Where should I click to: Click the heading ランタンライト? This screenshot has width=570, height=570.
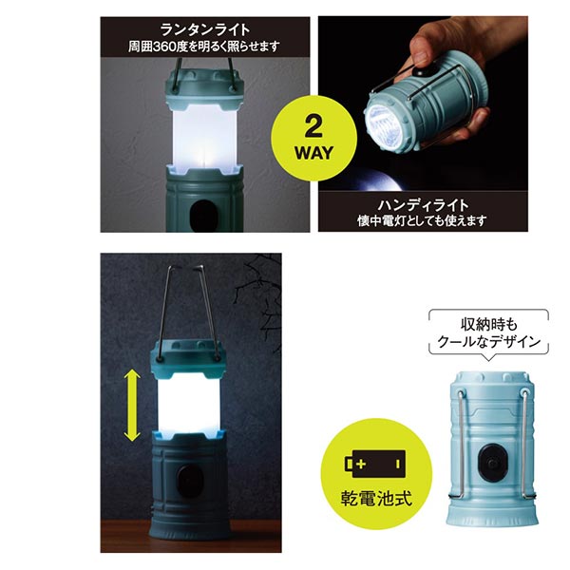click(x=205, y=29)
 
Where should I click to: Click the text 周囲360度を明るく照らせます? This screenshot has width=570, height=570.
click(x=204, y=47)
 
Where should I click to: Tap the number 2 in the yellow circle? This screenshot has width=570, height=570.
click(x=313, y=127)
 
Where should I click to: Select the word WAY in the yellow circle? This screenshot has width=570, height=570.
click(x=314, y=153)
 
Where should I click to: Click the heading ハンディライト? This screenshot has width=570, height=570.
click(x=423, y=205)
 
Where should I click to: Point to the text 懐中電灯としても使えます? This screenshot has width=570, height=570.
click(x=422, y=220)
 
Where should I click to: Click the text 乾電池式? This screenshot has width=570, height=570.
click(x=377, y=498)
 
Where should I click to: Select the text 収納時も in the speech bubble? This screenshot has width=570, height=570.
click(x=489, y=325)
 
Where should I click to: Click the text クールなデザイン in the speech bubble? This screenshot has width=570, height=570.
click(x=489, y=342)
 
